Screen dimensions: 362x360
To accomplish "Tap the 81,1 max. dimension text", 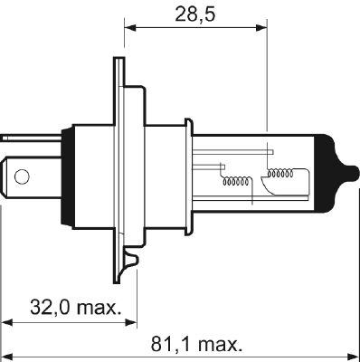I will (x=196, y=345).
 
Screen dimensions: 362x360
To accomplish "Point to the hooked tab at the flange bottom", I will (x=133, y=262).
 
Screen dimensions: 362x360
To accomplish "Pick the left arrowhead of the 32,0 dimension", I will (x=7, y=321).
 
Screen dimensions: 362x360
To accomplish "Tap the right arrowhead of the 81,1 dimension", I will (x=354, y=355).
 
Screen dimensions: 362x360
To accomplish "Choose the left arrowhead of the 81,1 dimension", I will (x=7, y=355).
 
